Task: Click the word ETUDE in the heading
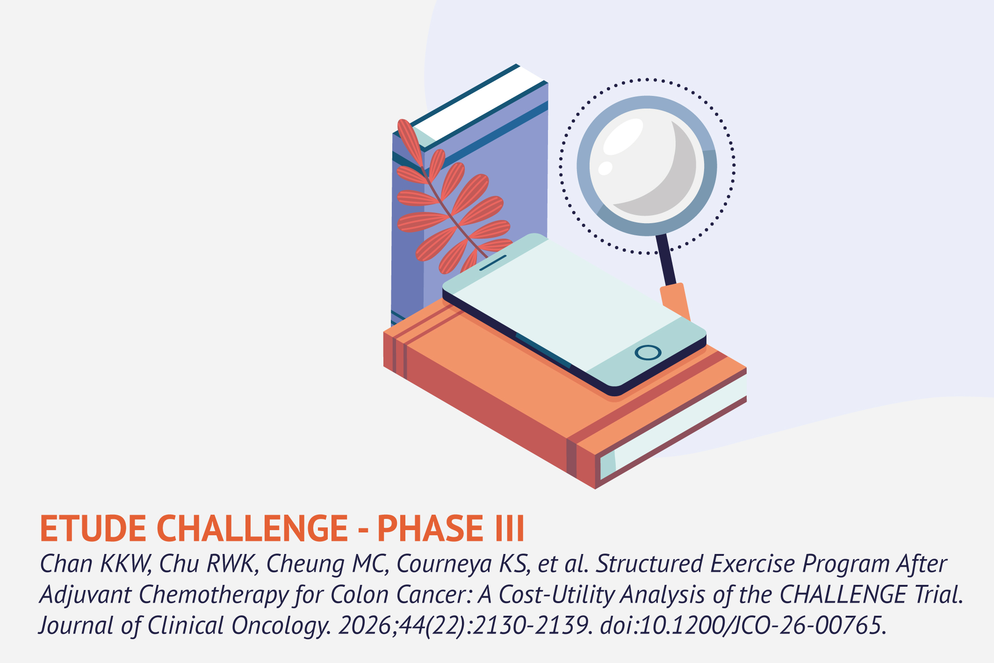point(93,528)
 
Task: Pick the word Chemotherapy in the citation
point(213,596)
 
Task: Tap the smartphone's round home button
point(648,353)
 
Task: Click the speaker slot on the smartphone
point(493,263)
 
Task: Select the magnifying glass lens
point(647,166)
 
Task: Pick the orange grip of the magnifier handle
point(676,302)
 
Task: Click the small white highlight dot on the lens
point(605,168)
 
